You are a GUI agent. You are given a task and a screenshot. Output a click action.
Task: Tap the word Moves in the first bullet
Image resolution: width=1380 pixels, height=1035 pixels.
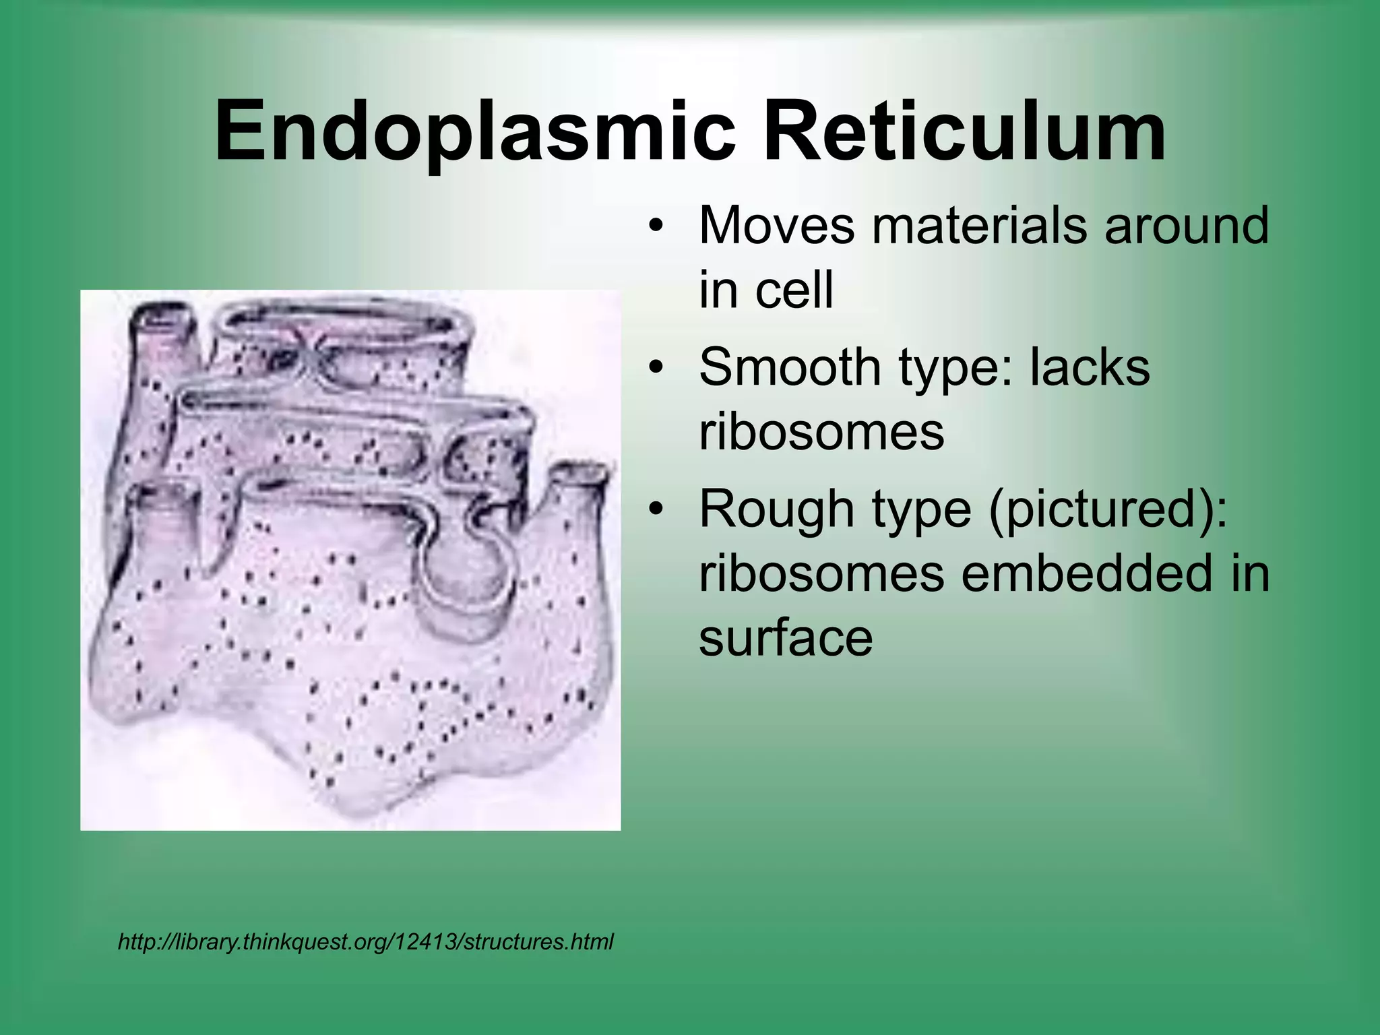[777, 226]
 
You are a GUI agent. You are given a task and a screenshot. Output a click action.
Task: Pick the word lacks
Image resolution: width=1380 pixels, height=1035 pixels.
[1089, 367]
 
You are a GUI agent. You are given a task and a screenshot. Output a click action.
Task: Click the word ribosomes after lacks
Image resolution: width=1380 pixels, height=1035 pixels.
[821, 432]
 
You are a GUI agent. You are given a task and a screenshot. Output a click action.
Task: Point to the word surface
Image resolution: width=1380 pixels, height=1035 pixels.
[786, 637]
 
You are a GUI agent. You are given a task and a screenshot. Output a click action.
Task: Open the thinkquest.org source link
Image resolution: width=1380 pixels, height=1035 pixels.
[365, 941]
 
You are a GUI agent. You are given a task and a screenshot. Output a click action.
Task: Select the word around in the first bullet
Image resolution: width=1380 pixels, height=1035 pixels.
[1186, 226]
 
